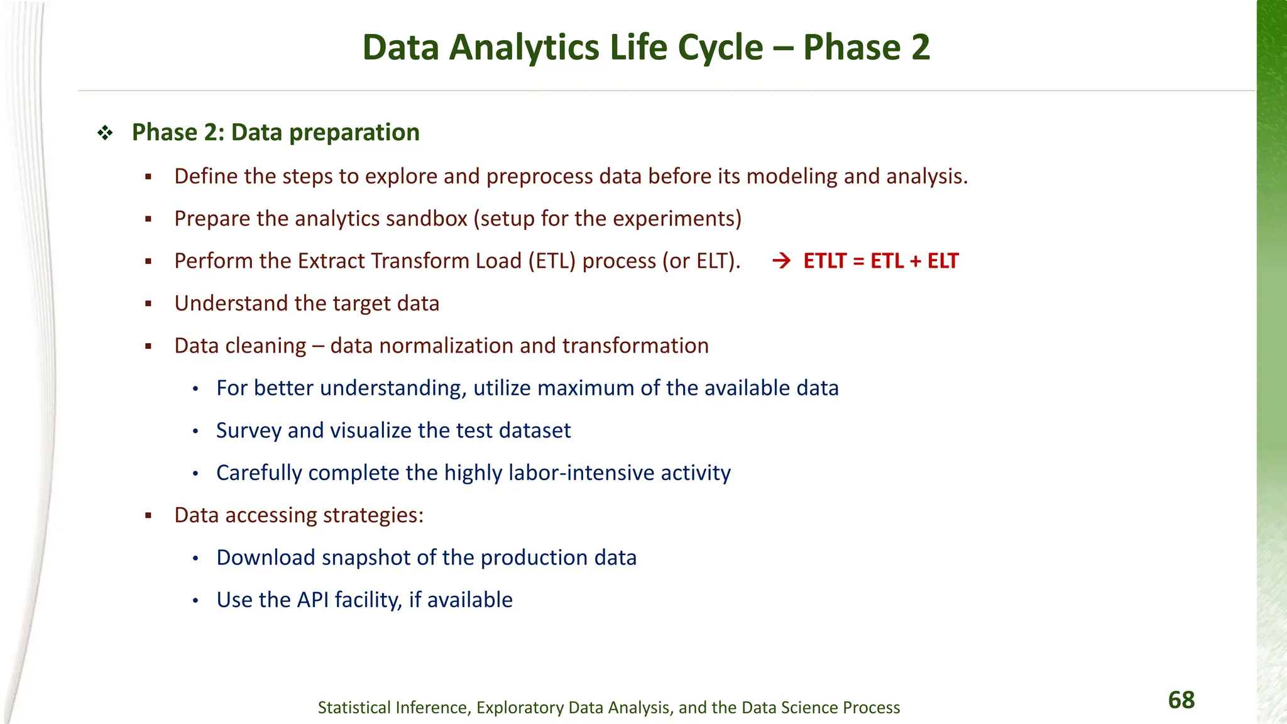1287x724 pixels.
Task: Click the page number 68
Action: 1181,700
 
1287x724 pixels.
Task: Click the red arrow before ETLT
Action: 781,261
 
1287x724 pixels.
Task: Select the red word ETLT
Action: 824,261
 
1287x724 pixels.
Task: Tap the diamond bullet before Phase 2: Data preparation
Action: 105,133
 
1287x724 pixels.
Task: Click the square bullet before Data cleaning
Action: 148,346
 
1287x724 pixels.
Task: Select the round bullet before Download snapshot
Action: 195,558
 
